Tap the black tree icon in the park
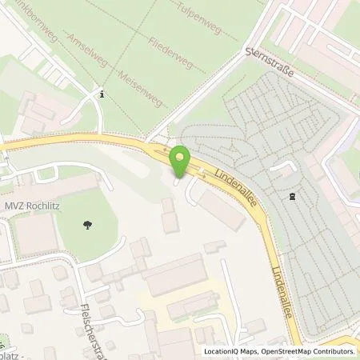(86, 226)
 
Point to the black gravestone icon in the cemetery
(292, 195)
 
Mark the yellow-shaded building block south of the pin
(168, 305)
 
